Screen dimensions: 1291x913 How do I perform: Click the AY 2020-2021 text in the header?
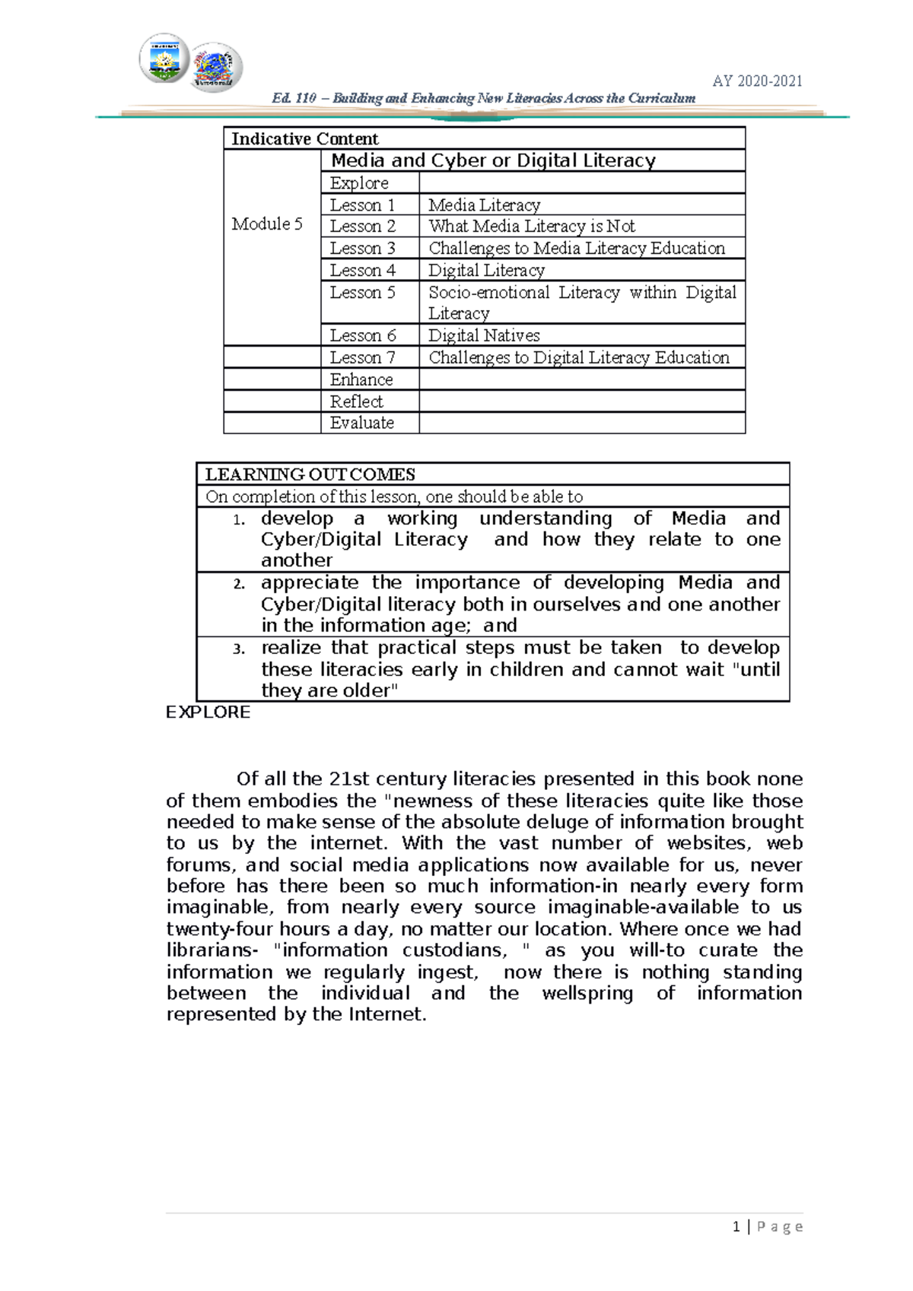[x=757, y=81]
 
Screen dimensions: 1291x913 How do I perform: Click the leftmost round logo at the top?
[x=164, y=59]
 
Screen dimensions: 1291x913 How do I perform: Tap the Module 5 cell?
[x=267, y=224]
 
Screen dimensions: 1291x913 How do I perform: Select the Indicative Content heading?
[x=304, y=139]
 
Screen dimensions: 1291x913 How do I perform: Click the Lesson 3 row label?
[x=362, y=249]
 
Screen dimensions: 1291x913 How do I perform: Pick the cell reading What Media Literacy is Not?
[x=531, y=227]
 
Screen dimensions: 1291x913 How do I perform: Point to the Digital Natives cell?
[x=484, y=336]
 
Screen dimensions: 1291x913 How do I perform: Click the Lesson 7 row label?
[x=362, y=358]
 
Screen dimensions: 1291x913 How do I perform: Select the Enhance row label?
[x=361, y=380]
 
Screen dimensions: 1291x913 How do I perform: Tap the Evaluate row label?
[x=361, y=423]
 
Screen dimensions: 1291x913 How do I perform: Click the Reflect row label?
[x=356, y=401]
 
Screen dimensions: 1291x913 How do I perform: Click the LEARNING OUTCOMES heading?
[x=310, y=475]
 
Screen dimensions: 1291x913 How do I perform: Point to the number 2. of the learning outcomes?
[x=239, y=584]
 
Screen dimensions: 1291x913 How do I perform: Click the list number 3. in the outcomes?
[x=239, y=649]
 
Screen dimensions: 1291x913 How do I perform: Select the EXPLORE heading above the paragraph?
[x=208, y=712]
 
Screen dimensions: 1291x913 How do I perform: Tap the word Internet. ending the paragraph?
[x=388, y=1014]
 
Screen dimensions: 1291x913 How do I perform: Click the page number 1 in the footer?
[x=736, y=1227]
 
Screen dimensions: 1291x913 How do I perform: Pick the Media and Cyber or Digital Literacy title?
[x=493, y=160]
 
